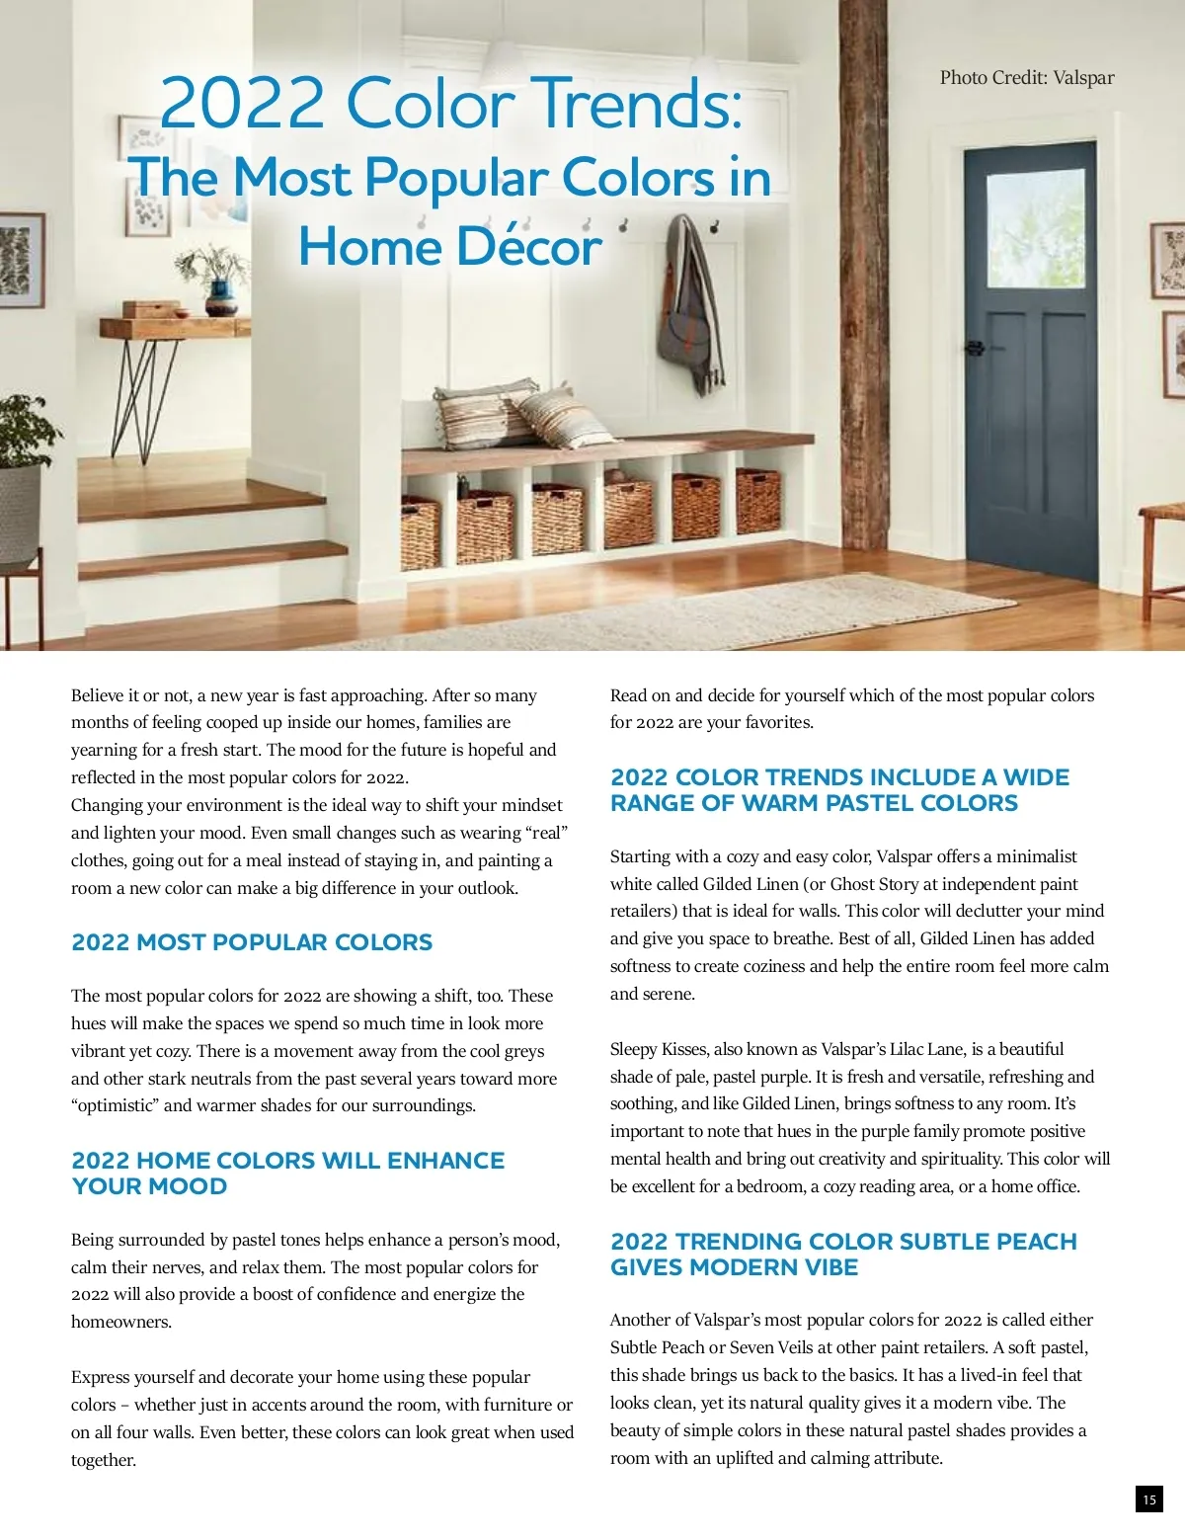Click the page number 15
click(x=1148, y=1499)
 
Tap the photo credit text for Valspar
click(x=1026, y=78)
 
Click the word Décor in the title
click(x=529, y=247)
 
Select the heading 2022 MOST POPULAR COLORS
click(x=252, y=942)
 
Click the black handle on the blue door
click(x=976, y=348)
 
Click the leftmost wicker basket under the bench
click(x=420, y=533)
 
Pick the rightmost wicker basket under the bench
click(x=757, y=502)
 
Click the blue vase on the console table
click(x=218, y=293)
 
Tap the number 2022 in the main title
click(x=243, y=103)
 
